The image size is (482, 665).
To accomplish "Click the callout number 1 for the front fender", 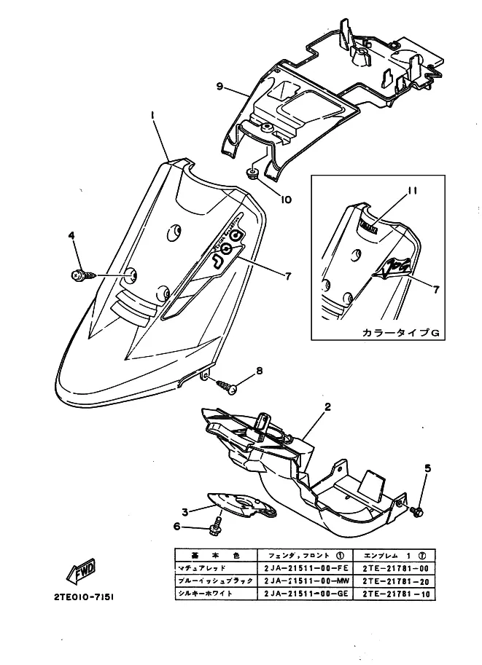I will pyautogui.click(x=153, y=115).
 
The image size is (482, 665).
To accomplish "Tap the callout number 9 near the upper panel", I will pyautogui.click(x=219, y=86).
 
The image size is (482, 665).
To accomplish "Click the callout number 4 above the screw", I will pyautogui.click(x=71, y=235).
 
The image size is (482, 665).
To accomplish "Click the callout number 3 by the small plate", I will pyautogui.click(x=185, y=511).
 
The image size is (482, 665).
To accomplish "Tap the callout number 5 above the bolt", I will pyautogui.click(x=427, y=468).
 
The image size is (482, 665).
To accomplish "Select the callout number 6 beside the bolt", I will pyautogui.click(x=177, y=527).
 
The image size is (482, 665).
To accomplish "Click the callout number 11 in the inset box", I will pyautogui.click(x=413, y=191).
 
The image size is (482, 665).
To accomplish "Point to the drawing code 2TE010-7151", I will pyautogui.click(x=84, y=596).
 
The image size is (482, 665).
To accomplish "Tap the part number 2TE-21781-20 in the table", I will pyautogui.click(x=394, y=581).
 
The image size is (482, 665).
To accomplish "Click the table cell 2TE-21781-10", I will pyautogui.click(x=394, y=594).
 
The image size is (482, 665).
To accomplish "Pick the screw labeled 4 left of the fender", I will pyautogui.click(x=79, y=275).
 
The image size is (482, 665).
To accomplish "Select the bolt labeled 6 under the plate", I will pyautogui.click(x=215, y=524).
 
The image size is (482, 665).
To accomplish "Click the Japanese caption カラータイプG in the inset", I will pyautogui.click(x=400, y=332).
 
